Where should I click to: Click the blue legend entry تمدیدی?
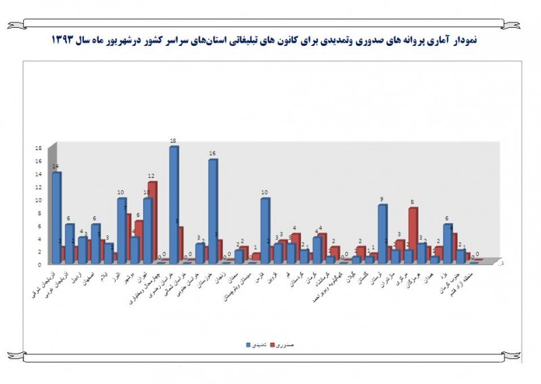[254, 345]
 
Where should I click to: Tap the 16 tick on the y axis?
[39, 160]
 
